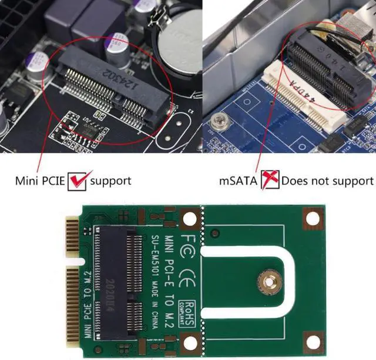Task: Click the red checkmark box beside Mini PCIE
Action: click(77, 180)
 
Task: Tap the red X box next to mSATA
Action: click(270, 180)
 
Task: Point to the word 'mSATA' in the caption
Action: click(239, 181)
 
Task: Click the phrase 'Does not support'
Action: click(327, 181)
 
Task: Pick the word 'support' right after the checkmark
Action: click(110, 181)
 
